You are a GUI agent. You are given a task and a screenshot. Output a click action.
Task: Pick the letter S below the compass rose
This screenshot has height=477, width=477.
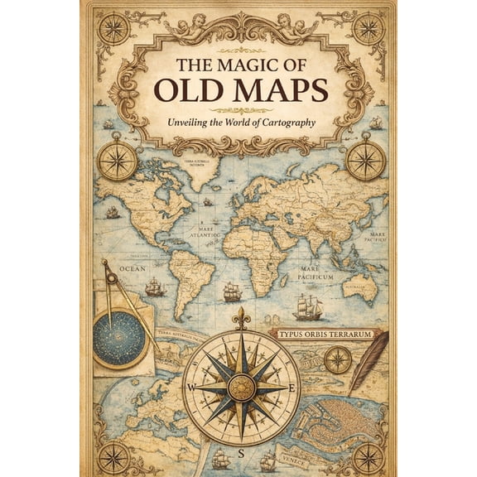[x=241, y=453]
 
